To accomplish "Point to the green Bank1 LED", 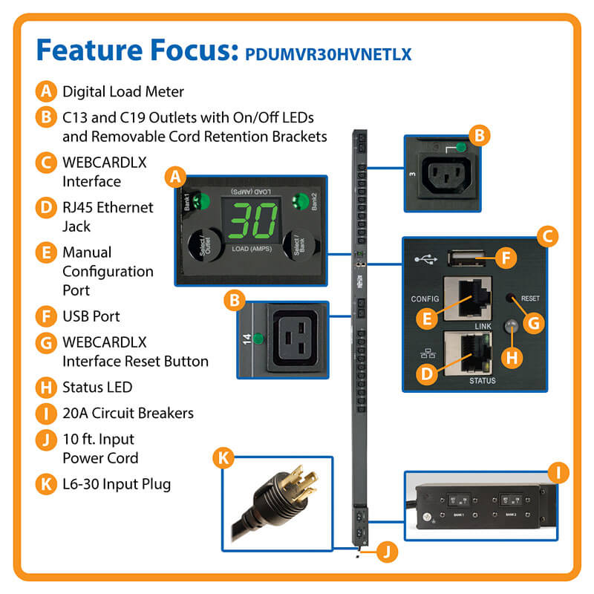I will click(200, 202).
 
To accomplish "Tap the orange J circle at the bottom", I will click(385, 551).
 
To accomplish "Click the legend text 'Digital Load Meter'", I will click(123, 92).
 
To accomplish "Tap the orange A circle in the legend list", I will click(45, 92).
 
